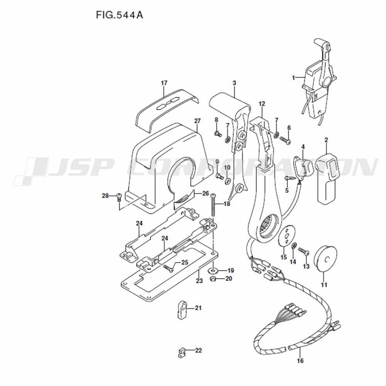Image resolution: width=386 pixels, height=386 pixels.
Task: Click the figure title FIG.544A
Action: pos(119,15)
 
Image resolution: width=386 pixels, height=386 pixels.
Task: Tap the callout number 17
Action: pos(164,83)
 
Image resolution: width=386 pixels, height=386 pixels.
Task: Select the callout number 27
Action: pos(197,121)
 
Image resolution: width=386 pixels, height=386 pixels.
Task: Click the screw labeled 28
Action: pos(119,197)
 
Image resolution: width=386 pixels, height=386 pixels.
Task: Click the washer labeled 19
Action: pos(213,271)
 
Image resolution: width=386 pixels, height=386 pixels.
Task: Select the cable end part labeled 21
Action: pos(181,309)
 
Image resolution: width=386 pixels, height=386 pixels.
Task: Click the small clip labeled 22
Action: pos(181,354)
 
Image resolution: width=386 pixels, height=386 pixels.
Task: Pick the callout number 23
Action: pos(199,280)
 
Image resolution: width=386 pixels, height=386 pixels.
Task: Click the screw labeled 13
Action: pos(304,251)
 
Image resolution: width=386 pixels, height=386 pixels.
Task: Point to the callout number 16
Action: pos(300,361)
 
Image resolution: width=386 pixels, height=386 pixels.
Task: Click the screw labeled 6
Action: pos(285,140)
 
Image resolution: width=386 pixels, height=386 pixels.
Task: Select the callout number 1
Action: pos(293,78)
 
